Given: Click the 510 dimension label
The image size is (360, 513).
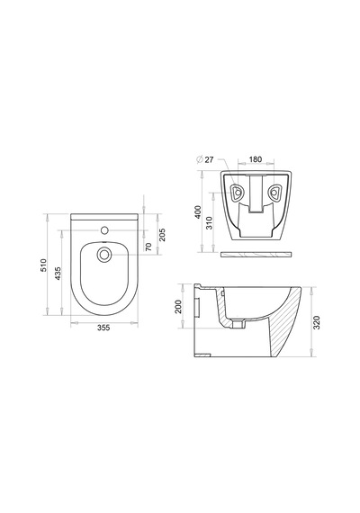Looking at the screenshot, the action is (44, 265).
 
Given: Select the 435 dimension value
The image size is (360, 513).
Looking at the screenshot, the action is (58, 274).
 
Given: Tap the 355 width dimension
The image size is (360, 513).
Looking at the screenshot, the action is (103, 328).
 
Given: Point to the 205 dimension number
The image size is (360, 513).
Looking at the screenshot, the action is (162, 235).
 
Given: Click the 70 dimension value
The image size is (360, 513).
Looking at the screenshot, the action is (148, 247).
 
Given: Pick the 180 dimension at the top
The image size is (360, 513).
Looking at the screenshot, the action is (256, 159).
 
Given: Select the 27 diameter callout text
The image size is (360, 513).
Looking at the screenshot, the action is (209, 159).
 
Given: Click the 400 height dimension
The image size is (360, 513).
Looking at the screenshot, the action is (198, 212).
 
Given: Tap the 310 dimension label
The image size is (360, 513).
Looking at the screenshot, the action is (210, 223).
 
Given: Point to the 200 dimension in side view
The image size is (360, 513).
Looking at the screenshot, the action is (178, 307).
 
